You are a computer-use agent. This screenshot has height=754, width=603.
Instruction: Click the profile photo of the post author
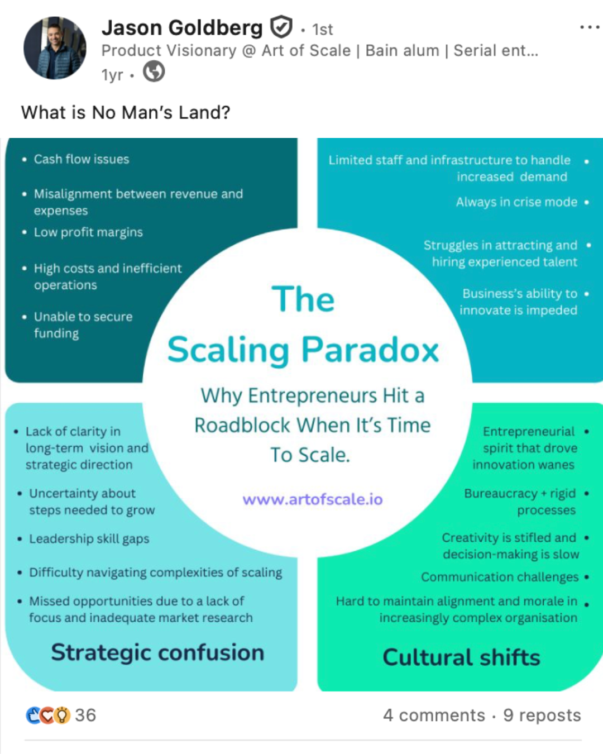tap(55, 48)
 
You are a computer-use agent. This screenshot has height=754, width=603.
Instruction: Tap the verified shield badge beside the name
tap(281, 27)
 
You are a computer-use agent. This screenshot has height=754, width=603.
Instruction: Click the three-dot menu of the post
tap(590, 27)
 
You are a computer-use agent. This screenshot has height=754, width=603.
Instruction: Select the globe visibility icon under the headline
tap(154, 71)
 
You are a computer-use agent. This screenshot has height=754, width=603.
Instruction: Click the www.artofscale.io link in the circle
tap(313, 499)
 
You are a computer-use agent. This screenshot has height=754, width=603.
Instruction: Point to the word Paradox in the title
tap(370, 350)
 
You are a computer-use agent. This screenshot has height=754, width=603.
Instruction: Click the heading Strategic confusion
tap(157, 653)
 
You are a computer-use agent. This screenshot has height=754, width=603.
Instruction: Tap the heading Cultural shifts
tap(461, 657)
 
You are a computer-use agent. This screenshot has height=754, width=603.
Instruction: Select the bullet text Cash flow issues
tap(82, 159)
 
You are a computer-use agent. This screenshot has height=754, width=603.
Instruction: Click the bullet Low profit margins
tap(88, 232)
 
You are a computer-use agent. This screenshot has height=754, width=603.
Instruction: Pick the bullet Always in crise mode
tap(516, 202)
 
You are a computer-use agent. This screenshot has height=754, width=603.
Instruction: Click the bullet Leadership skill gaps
tap(89, 539)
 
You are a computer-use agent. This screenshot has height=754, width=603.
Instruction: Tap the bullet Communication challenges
tap(500, 577)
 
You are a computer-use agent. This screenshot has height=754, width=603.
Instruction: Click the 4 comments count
tap(434, 715)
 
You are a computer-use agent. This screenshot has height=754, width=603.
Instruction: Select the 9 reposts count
tap(542, 715)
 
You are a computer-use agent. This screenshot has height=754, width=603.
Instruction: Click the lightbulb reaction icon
tap(62, 715)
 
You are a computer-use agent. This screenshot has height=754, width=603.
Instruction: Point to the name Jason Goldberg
tap(182, 27)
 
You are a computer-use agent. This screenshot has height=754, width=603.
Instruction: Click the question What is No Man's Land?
tap(126, 112)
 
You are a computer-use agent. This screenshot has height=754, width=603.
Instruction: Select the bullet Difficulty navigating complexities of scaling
tap(156, 573)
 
